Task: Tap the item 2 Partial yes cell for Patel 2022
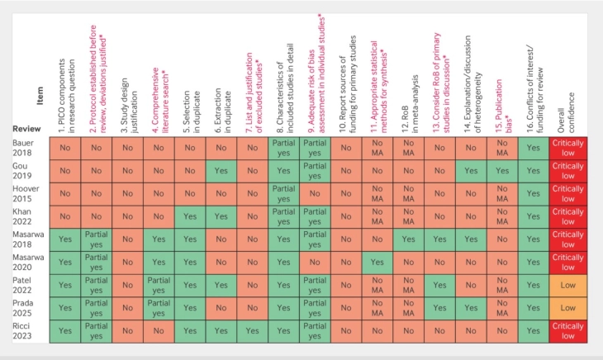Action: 96,286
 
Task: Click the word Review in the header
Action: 27,129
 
